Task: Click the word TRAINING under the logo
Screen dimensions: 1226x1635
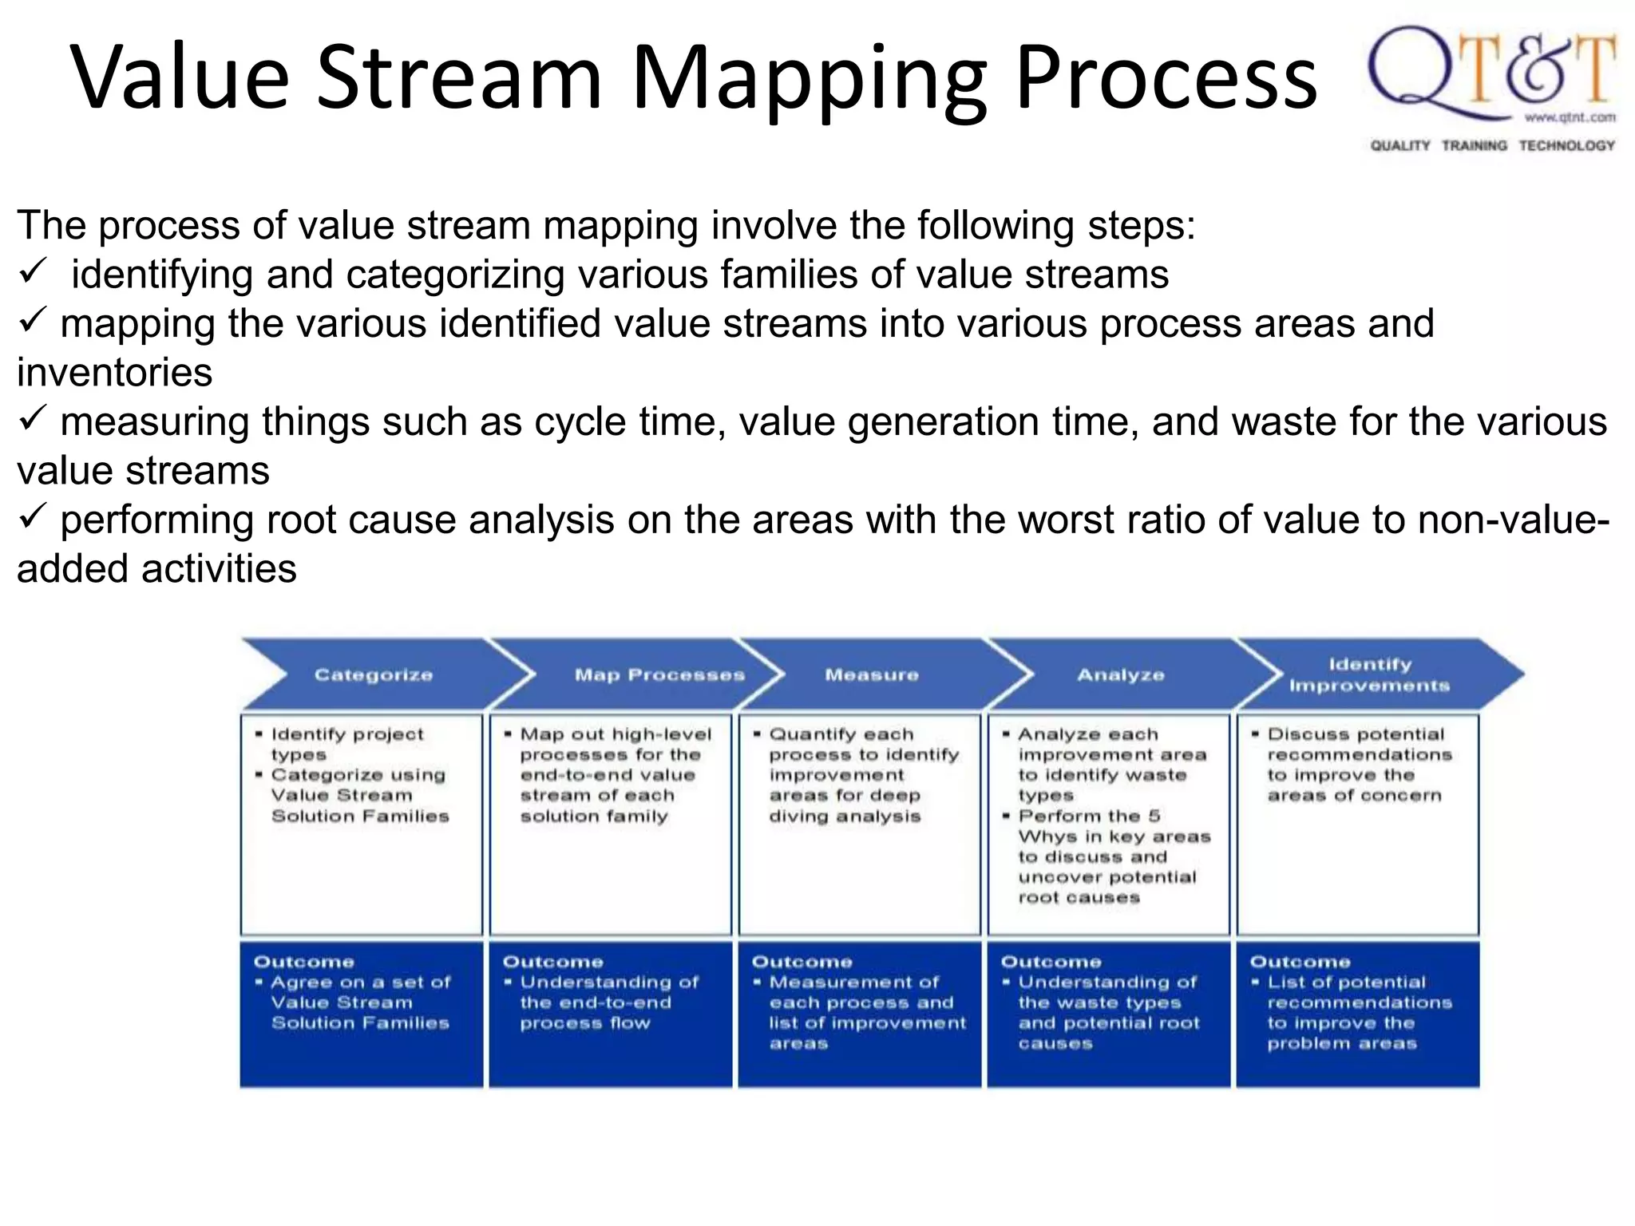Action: click(1474, 145)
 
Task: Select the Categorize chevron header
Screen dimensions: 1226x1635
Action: click(373, 675)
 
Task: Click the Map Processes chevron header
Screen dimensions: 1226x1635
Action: click(659, 675)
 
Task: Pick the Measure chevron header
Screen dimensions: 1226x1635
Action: click(871, 675)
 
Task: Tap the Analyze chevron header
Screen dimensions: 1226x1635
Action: click(1120, 675)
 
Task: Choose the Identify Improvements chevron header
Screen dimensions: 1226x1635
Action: click(1369, 675)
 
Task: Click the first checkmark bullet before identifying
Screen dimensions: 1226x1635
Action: click(34, 272)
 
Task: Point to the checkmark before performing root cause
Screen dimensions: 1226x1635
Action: click(34, 517)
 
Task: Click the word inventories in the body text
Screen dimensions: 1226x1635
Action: click(115, 373)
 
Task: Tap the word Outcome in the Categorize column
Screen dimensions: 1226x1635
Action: click(303, 962)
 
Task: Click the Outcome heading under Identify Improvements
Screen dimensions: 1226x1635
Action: click(1300, 962)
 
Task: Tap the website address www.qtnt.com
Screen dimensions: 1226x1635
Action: click(1570, 117)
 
